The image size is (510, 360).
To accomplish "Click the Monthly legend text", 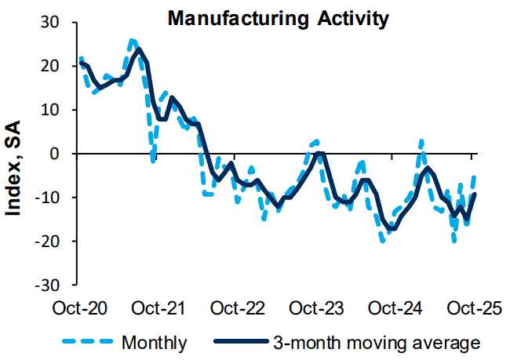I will coord(155,342).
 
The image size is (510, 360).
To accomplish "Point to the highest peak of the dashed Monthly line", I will coord(132,40).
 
